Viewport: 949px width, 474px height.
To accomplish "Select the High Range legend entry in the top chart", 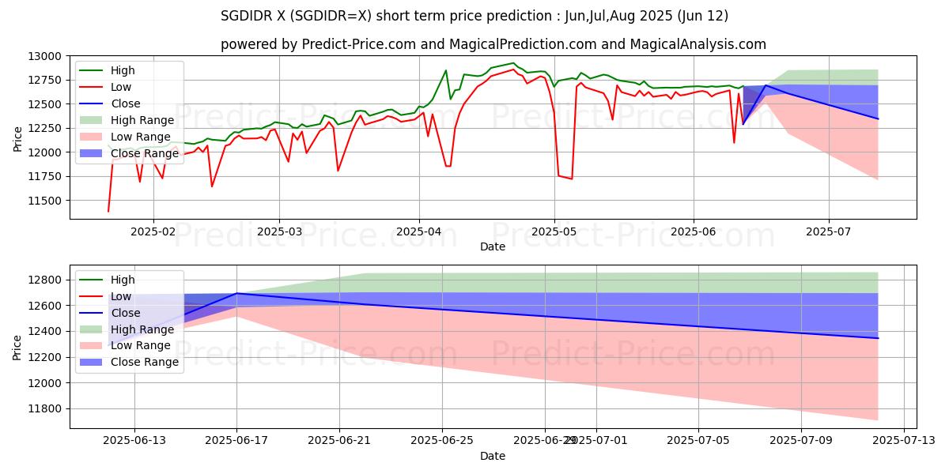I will pos(140,120).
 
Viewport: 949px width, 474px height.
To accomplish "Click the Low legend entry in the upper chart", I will pos(121,87).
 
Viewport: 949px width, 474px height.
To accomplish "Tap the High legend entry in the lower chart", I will pos(123,280).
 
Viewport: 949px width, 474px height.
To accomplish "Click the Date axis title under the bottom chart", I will pos(492,456).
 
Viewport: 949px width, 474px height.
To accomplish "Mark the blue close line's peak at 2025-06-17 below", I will pos(236,293).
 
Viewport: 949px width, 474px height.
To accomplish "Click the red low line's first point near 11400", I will pos(108,211).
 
